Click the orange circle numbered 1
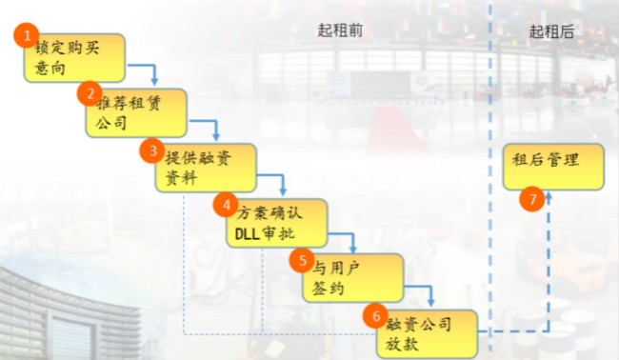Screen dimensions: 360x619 [28, 34]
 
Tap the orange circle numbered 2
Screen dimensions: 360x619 [90, 93]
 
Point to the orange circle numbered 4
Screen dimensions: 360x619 [226, 205]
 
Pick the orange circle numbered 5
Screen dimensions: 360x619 [301, 258]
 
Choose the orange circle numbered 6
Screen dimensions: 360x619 [376, 315]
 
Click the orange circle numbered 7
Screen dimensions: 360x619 [532, 199]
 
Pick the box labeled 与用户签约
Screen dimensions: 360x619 [347, 277]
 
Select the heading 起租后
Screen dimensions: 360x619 [551, 31]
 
